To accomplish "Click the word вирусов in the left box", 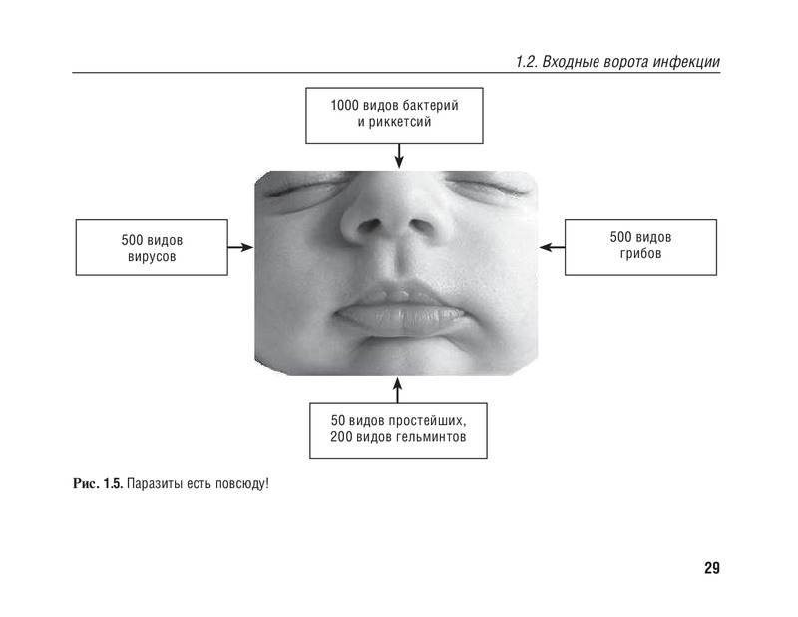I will click(x=152, y=257).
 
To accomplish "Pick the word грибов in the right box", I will click(x=640, y=254).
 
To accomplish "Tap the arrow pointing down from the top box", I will click(x=399, y=155).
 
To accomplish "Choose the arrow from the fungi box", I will click(x=553, y=247).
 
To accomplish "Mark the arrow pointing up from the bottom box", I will click(x=397, y=388).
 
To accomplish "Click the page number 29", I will click(x=711, y=569).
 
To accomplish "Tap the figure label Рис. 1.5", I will click(x=97, y=485).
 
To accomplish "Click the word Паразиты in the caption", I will click(x=155, y=485).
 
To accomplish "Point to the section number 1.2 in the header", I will click(x=525, y=62).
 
